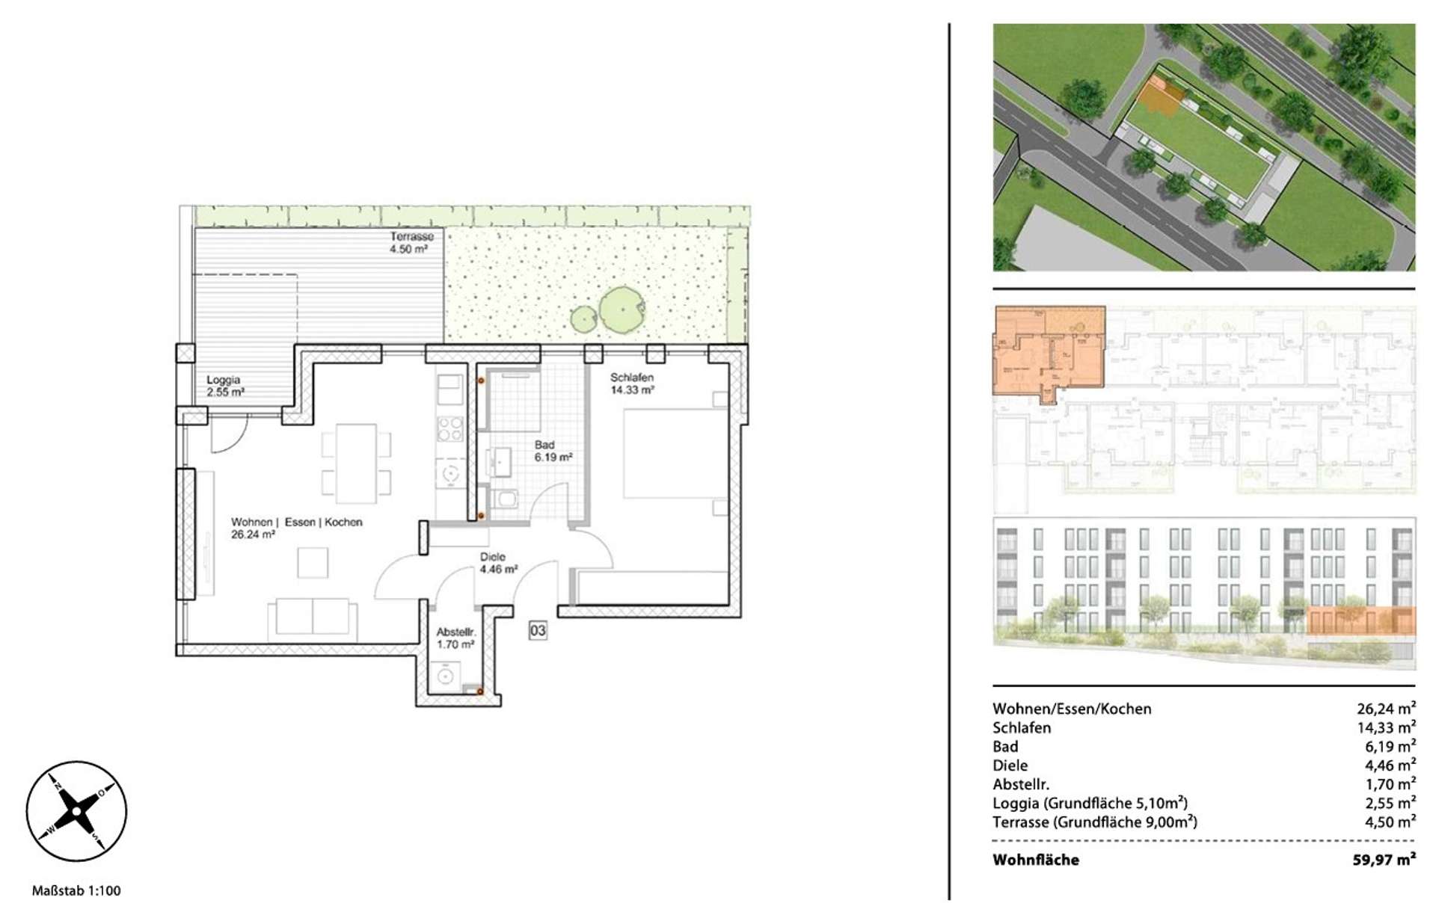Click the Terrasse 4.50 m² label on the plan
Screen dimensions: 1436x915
tap(411, 243)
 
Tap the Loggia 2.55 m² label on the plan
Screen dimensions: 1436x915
tap(225, 386)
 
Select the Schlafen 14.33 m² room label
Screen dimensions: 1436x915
tap(632, 383)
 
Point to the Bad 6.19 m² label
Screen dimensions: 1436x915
tap(553, 451)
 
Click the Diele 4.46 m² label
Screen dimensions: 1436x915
tap(499, 563)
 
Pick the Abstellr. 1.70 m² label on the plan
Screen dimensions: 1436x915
tap(455, 638)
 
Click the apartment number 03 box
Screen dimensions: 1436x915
tap(538, 631)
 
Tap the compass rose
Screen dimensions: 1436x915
tap(76, 812)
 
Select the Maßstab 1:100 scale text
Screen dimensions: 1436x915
tap(76, 890)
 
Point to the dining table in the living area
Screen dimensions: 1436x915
tap(356, 463)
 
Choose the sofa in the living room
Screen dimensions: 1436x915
tap(313, 618)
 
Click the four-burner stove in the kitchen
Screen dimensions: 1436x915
tap(450, 430)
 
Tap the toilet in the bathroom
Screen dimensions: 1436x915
tap(506, 499)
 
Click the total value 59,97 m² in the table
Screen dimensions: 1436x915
tap(1384, 860)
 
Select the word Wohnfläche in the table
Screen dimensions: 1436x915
tap(1036, 860)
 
